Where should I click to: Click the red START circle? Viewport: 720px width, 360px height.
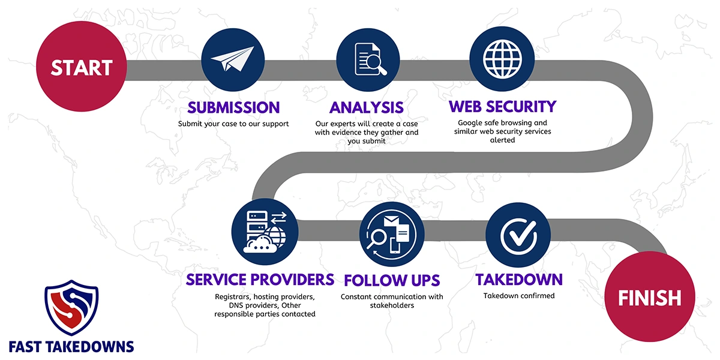(81, 67)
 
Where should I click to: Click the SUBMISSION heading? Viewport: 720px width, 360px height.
(233, 107)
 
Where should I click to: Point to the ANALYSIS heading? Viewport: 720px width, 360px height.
(366, 107)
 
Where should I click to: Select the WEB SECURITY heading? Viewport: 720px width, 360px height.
(503, 106)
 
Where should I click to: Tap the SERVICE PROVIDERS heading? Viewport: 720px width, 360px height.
(260, 280)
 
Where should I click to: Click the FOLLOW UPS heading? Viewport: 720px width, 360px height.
(392, 280)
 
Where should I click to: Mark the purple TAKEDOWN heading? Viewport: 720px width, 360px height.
(519, 280)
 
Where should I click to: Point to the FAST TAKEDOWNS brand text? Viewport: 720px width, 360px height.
(71, 346)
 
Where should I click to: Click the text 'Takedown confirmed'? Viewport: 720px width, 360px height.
(519, 296)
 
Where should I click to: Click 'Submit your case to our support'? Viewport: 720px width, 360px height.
(233, 124)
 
